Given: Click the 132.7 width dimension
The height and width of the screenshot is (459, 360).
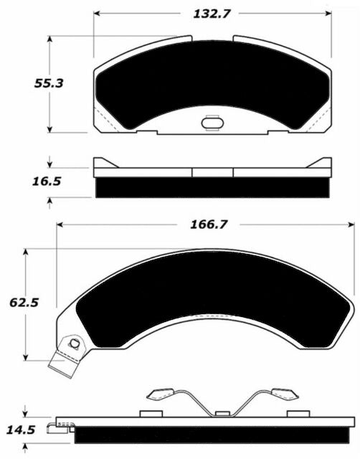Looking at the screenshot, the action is (212, 14).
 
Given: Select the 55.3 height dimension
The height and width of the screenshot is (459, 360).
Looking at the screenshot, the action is (49, 83).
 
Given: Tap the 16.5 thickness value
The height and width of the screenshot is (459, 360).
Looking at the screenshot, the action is (47, 181).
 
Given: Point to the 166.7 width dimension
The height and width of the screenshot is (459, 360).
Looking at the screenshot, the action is (209, 224).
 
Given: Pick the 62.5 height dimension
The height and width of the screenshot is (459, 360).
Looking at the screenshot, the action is (24, 303).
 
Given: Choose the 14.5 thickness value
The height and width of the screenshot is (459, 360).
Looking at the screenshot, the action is (21, 430).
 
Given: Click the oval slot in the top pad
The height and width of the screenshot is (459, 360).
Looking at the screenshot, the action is (212, 123).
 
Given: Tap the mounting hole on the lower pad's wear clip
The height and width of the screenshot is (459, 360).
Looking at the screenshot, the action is (75, 343).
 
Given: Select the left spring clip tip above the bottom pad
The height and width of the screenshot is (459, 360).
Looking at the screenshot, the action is (160, 394).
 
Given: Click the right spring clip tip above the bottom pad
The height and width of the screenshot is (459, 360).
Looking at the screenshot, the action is (285, 394).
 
